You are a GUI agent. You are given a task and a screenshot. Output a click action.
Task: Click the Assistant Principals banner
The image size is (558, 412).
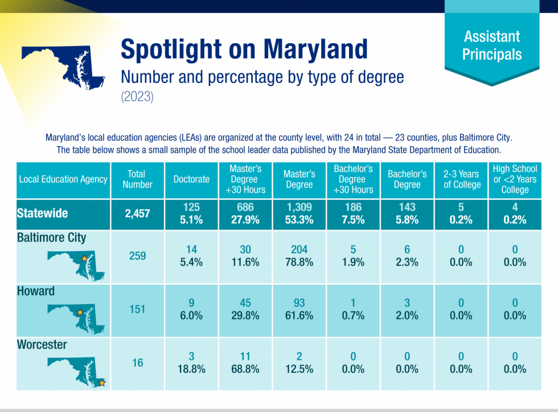(491, 45)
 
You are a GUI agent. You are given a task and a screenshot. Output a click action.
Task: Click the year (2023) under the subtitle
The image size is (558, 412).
(137, 97)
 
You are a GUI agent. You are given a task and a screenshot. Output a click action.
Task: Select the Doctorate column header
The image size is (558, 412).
(191, 179)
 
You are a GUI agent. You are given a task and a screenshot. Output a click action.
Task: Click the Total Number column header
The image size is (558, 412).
(137, 179)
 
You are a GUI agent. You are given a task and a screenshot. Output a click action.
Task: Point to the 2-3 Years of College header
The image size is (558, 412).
(462, 179)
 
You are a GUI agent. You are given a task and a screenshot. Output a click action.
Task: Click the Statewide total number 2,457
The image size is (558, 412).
(137, 214)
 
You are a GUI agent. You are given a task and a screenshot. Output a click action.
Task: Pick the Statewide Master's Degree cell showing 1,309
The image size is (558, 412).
(299, 214)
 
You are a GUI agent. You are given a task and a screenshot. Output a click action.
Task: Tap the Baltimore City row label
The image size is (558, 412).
(51, 238)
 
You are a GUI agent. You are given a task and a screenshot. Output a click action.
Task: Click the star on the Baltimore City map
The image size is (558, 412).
(84, 259)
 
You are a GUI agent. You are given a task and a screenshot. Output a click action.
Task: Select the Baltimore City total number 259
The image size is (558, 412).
(137, 256)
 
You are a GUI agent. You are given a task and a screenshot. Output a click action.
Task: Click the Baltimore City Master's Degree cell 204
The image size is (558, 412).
(299, 256)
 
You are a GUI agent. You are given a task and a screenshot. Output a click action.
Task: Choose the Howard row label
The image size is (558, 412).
(36, 291)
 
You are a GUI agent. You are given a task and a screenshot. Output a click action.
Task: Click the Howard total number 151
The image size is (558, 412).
(137, 310)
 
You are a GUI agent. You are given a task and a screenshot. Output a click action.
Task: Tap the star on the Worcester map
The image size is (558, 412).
(102, 382)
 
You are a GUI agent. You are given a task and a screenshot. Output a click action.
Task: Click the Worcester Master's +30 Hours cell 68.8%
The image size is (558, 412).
(245, 369)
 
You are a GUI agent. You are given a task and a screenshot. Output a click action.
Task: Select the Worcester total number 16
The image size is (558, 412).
(137, 363)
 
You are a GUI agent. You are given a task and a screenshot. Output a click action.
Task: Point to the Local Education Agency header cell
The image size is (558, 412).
(63, 179)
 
